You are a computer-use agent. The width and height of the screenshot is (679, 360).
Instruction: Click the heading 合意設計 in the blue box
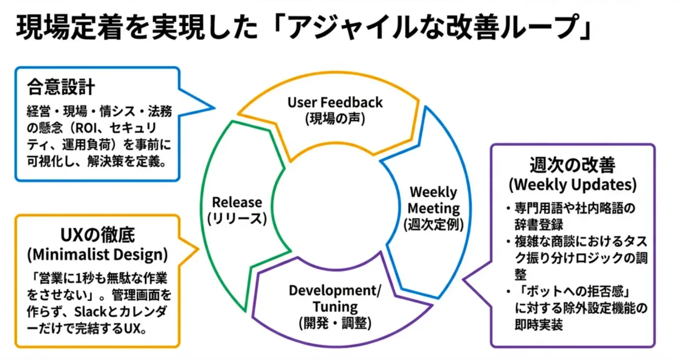(x=61, y=87)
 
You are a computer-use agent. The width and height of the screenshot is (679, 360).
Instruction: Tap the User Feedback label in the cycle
(x=335, y=102)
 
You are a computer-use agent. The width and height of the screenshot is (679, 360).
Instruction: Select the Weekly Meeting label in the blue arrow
(x=433, y=200)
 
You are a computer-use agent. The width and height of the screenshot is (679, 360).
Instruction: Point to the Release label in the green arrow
(x=237, y=202)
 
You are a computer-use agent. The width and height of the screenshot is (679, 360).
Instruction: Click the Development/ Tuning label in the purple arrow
(x=335, y=298)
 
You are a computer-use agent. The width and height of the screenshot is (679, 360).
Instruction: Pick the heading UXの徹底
(x=98, y=235)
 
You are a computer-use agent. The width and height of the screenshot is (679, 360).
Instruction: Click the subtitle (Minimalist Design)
(x=98, y=254)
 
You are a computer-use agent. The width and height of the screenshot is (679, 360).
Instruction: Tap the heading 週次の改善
(x=572, y=165)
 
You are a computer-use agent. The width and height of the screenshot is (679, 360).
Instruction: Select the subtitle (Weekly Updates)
(x=572, y=185)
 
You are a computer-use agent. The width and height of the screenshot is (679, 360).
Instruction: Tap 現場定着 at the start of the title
(x=69, y=28)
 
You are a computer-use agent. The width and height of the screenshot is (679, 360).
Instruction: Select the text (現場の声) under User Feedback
(x=335, y=119)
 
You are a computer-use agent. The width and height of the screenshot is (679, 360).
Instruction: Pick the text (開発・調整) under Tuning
(x=335, y=323)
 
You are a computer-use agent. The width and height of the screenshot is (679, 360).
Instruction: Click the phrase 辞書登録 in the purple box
(x=538, y=225)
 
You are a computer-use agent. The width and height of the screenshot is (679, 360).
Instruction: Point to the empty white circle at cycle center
(x=335, y=206)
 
